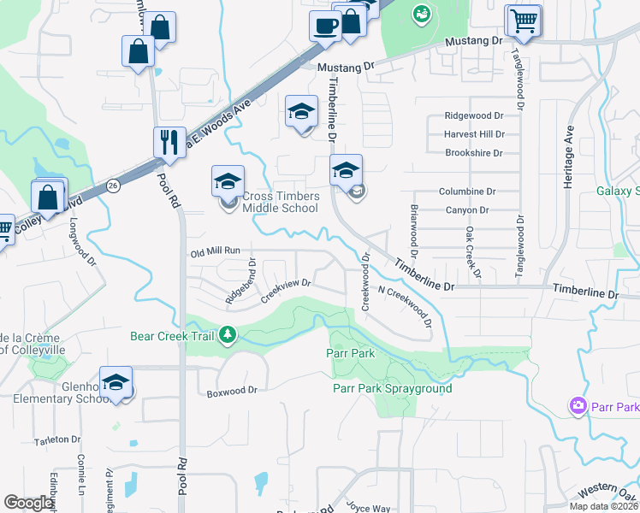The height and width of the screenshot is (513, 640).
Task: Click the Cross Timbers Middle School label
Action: (281, 202)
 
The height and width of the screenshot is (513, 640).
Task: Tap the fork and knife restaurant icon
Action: (169, 140)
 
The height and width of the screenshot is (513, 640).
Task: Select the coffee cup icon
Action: (325, 27)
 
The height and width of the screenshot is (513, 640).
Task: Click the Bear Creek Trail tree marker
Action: (227, 334)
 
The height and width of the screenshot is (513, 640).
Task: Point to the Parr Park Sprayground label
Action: (392, 389)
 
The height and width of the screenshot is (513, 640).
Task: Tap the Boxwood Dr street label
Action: (232, 392)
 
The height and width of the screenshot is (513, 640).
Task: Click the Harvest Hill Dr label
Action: (474, 134)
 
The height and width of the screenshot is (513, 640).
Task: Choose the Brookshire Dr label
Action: (474, 153)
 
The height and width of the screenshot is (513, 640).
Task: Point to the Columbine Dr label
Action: (467, 192)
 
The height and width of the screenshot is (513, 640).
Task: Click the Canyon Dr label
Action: (467, 210)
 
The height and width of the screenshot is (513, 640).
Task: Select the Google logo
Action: (29, 502)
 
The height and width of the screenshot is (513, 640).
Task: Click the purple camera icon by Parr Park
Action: (578, 404)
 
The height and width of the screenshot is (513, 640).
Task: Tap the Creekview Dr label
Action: (285, 288)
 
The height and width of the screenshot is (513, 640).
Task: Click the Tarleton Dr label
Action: (56, 439)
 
